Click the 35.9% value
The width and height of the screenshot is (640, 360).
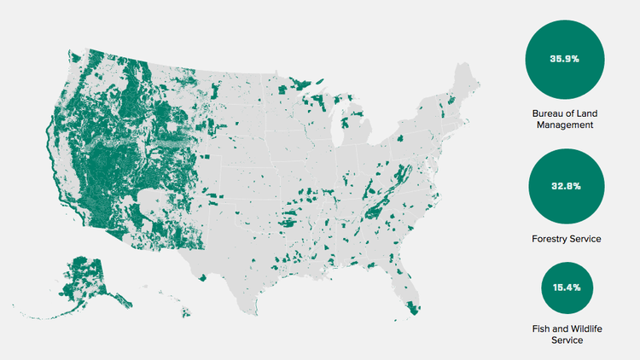[x=566, y=59]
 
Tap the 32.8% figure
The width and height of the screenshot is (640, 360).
[x=566, y=186]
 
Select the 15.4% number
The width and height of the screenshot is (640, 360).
[x=566, y=287]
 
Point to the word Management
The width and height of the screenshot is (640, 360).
[x=566, y=125]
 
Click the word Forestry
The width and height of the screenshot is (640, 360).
[x=550, y=239]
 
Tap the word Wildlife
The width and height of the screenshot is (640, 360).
[x=581, y=328]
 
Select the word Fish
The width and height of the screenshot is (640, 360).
[x=541, y=328]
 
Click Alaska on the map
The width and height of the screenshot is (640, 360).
[x=90, y=277]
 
